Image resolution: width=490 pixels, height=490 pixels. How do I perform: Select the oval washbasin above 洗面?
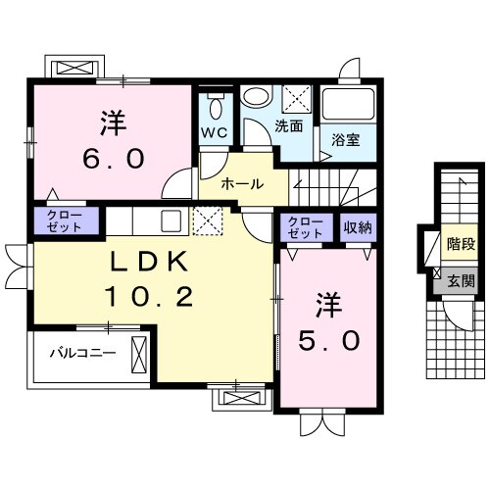point(257,98)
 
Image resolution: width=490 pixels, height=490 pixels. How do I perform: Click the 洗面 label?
point(287,125)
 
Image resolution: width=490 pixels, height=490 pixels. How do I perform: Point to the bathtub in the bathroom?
point(348,105)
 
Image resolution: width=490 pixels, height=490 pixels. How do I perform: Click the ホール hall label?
point(240,183)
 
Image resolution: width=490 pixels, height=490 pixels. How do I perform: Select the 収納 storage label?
point(357,227)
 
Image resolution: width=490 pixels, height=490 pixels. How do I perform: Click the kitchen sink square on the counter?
point(171,220)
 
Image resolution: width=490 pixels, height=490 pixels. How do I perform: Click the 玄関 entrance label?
point(461,280)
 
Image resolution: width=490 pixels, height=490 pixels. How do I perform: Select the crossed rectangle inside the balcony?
point(138,351)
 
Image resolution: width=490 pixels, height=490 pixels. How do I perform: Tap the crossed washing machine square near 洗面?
point(295,100)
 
